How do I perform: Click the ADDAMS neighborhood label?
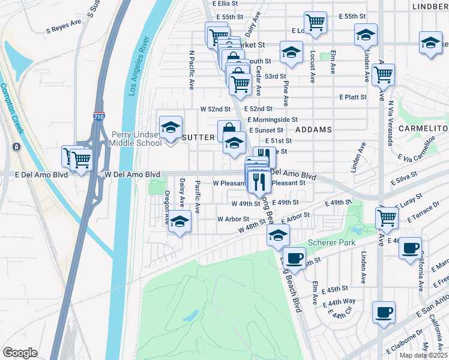pyautogui.click(x=315, y=130)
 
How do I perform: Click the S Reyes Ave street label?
pyautogui.click(x=63, y=26)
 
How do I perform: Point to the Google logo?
pyautogui.click(x=20, y=352)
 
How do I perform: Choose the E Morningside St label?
pyautogui.click(x=273, y=119)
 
